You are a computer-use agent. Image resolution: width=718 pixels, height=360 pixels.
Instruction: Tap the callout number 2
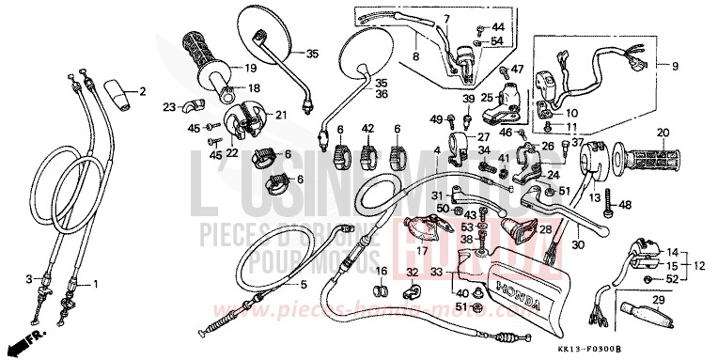click(x=143, y=91)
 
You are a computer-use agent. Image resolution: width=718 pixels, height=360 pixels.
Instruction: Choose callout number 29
click(x=659, y=299)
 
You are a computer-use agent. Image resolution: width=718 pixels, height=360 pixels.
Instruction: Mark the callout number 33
click(x=436, y=273)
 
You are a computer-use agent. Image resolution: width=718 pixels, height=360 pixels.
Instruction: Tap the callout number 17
click(x=423, y=251)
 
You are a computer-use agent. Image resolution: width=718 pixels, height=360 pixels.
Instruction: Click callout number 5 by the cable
click(x=304, y=285)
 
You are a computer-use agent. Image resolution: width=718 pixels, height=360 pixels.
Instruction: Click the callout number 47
click(x=516, y=70)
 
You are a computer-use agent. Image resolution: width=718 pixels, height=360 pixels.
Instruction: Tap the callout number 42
click(x=367, y=129)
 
